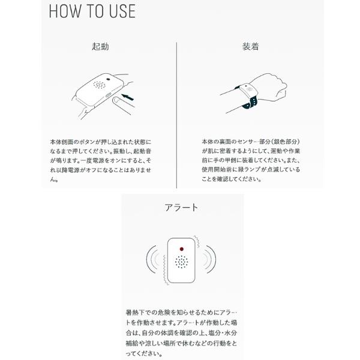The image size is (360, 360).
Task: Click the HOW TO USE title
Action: tap(92, 11)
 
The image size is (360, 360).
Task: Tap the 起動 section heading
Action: tap(100, 46)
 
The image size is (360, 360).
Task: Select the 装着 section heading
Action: tap(251, 46)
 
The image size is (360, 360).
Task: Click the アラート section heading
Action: tap(181, 208)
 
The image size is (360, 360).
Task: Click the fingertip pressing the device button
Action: tap(116, 101)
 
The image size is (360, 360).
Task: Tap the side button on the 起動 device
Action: tap(108, 95)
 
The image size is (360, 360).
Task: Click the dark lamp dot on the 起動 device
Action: tap(108, 80)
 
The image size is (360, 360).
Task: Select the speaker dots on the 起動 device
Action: tap(99, 85)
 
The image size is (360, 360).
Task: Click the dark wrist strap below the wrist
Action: tap(249, 103)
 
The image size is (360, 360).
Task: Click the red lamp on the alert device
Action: tap(182, 249)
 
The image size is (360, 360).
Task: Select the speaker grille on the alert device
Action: tap(181, 262)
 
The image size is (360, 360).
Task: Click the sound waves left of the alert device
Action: tap(152, 259)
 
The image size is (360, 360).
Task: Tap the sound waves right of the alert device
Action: tap(210, 259)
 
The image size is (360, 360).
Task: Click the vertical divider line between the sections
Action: tap(176, 115)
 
